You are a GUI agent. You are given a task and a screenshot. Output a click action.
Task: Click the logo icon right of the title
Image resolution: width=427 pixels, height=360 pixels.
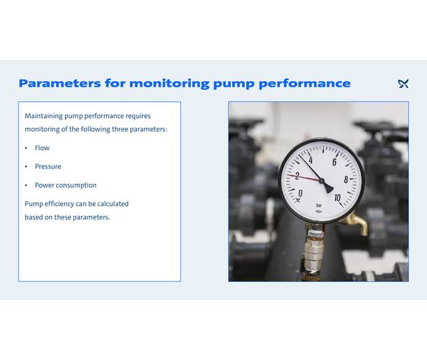[403, 83]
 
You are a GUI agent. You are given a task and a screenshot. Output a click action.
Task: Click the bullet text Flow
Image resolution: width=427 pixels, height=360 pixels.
[42, 148]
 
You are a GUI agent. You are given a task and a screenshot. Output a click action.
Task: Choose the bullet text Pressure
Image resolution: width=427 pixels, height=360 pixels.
[48, 167]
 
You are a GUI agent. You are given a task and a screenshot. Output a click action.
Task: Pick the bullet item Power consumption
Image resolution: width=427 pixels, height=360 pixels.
[65, 185]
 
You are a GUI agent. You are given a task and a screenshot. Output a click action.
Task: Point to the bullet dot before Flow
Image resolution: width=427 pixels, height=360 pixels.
[27, 148]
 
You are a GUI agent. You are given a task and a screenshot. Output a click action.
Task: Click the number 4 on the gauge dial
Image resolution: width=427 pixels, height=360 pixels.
[311, 161]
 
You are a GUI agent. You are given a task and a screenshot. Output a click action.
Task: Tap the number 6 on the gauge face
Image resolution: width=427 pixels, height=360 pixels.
[334, 162]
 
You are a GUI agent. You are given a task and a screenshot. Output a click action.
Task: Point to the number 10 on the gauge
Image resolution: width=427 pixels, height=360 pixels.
[337, 197]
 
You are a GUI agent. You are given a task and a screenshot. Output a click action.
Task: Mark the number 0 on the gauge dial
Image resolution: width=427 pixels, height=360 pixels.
[300, 193]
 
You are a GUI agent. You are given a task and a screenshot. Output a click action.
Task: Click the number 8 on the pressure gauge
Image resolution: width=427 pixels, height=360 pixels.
[346, 179]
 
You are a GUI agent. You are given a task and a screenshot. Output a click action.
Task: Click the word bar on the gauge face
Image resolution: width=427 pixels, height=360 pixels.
[319, 205]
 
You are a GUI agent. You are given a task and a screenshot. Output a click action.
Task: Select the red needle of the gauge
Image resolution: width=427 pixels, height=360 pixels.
[304, 177]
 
